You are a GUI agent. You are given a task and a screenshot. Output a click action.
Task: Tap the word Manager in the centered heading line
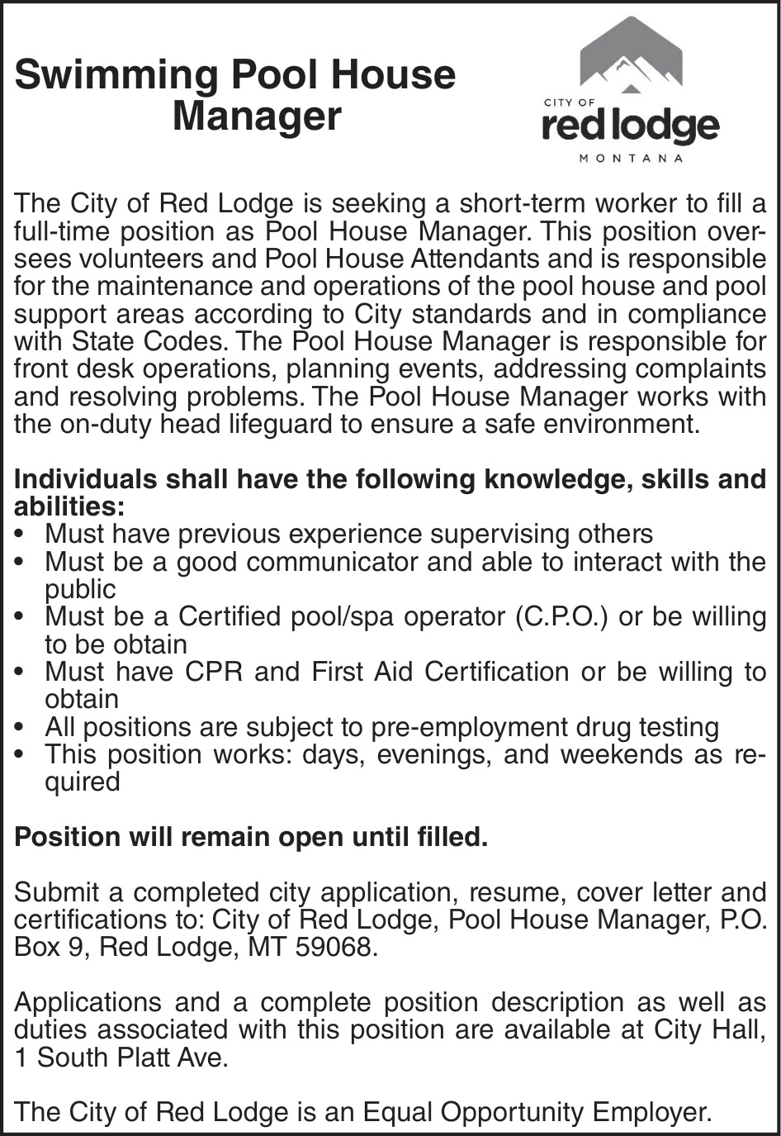(257, 116)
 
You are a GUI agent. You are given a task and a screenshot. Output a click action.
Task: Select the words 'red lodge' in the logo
(630, 126)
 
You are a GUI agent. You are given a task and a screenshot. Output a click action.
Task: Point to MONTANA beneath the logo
(631, 159)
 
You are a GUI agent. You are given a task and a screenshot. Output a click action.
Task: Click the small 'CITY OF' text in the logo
(569, 102)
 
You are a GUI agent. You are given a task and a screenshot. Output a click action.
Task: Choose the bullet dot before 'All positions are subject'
(20, 728)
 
